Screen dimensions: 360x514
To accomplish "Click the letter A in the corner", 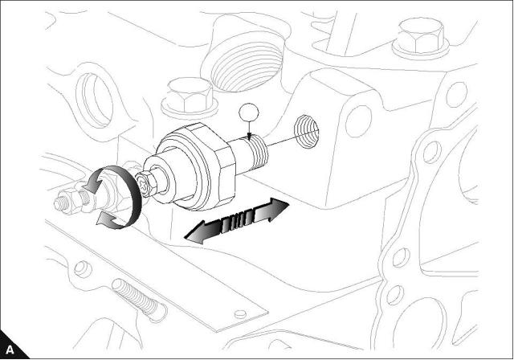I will click(10, 349).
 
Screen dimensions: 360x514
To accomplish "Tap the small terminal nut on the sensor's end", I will click(148, 186).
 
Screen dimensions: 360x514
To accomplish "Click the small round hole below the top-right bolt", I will click(455, 94).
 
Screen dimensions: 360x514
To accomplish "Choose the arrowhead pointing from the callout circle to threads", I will click(250, 133).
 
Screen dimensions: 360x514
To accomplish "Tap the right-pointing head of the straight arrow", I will click(277, 210).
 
